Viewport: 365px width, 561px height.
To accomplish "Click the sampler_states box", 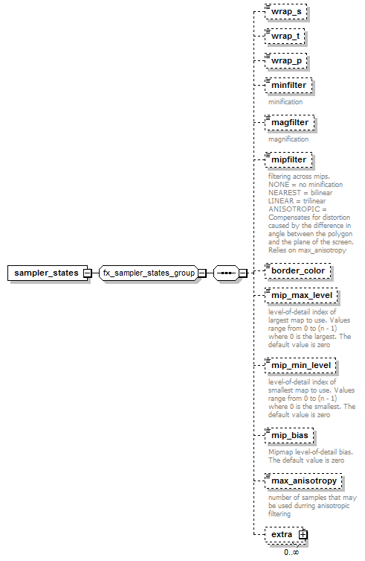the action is tap(47, 273).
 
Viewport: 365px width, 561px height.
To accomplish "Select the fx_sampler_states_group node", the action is tap(149, 273).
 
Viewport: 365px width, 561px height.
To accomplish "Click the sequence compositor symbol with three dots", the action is tap(226, 273).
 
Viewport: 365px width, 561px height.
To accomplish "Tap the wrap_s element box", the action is tap(286, 11).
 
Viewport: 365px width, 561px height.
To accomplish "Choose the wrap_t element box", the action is tap(285, 37).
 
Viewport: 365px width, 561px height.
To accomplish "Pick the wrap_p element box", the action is tap(286, 61).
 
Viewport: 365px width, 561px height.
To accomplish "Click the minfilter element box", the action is tap(288, 85).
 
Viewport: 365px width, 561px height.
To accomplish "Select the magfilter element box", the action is tap(290, 122).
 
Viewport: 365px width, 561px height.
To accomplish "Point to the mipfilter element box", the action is tap(288, 159).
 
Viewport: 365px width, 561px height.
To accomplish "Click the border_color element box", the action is tap(298, 271).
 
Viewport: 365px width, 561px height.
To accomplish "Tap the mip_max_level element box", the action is tap(301, 295).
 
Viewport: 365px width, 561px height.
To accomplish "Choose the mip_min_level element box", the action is tap(301, 365).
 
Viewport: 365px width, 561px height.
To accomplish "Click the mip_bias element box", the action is tap(289, 435).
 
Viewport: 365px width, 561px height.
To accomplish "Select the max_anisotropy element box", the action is tap(303, 481).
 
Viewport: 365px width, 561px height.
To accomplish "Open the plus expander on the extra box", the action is tap(303, 534).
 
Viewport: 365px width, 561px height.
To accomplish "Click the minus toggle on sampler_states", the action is tap(87, 273).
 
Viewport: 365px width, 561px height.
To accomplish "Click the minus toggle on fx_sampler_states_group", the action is tap(202, 273).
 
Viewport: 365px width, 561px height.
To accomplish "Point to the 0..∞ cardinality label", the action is tap(291, 552).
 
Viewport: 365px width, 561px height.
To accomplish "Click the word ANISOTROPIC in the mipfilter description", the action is tap(294, 209).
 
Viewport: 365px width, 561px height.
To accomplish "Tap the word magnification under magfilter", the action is tap(288, 139).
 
